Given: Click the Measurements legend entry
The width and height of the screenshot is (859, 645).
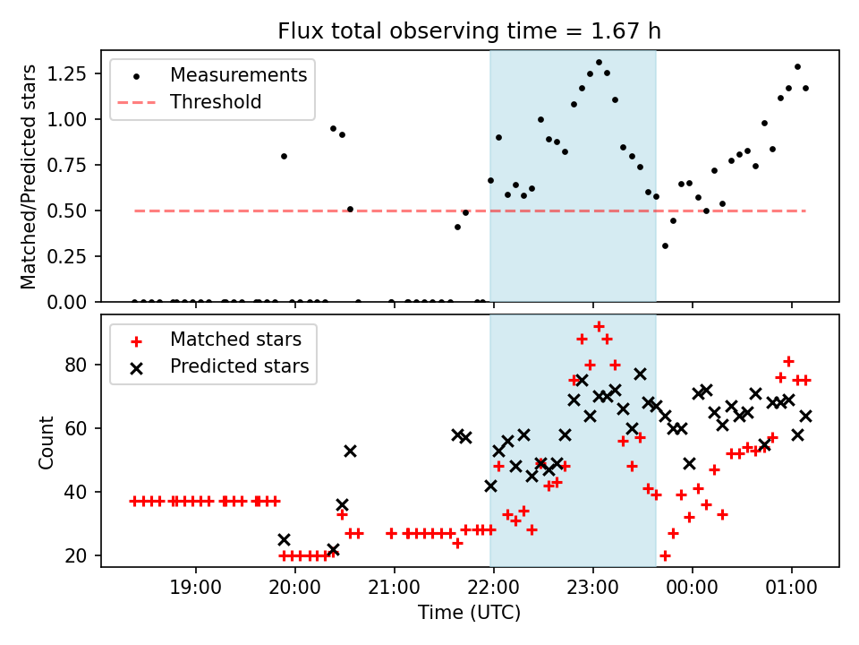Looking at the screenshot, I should (x=238, y=74).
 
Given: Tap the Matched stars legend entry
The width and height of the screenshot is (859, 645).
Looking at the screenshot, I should (x=235, y=340).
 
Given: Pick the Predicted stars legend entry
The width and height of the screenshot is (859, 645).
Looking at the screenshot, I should (x=239, y=366).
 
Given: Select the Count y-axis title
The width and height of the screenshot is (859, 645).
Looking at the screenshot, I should (x=46, y=442).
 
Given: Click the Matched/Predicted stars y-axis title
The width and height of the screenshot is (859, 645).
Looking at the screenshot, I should (x=29, y=176).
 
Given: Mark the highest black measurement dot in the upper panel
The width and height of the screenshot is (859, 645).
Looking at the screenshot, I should (x=599, y=63).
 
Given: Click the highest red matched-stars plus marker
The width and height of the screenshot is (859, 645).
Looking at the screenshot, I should (x=599, y=326).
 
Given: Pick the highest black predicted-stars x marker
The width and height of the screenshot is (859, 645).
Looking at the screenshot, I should (x=640, y=374).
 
